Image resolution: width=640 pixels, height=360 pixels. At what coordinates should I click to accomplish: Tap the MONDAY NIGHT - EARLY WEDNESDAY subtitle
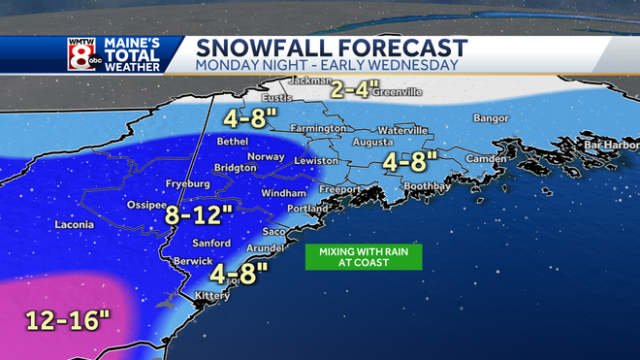(x=325, y=66)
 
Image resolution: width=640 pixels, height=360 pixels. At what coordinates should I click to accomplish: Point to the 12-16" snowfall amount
(x=55, y=320)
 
